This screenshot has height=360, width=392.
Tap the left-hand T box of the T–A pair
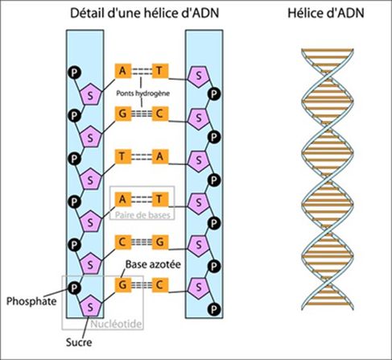122,156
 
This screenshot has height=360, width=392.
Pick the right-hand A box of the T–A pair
161,156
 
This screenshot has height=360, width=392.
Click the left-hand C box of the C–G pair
122,241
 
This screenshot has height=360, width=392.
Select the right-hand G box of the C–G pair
161,241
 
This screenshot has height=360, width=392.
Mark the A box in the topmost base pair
122,71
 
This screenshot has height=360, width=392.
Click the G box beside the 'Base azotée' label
122,283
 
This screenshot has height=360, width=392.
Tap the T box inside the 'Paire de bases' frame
161,198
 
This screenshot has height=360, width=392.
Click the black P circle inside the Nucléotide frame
74,286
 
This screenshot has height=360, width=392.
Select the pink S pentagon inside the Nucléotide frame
93,307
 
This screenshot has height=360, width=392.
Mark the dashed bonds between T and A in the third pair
142,156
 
